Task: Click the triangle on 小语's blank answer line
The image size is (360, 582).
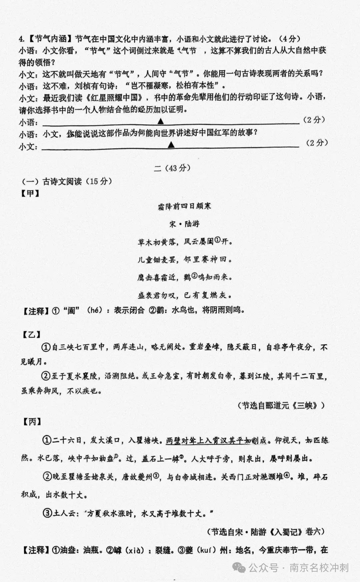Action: (161, 120)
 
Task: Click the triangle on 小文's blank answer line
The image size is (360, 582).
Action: (171, 144)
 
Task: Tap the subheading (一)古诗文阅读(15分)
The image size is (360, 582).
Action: (67, 181)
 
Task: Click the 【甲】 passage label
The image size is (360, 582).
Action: (30, 193)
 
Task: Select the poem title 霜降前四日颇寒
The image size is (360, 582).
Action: (184, 206)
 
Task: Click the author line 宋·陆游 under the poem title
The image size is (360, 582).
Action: (184, 224)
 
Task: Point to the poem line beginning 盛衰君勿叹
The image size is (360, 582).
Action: (184, 295)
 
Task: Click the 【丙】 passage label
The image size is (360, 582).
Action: (32, 422)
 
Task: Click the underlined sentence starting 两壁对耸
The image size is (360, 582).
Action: (216, 441)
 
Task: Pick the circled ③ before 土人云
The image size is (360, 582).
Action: (47, 513)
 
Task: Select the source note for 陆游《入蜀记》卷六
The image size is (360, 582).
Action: (265, 532)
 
